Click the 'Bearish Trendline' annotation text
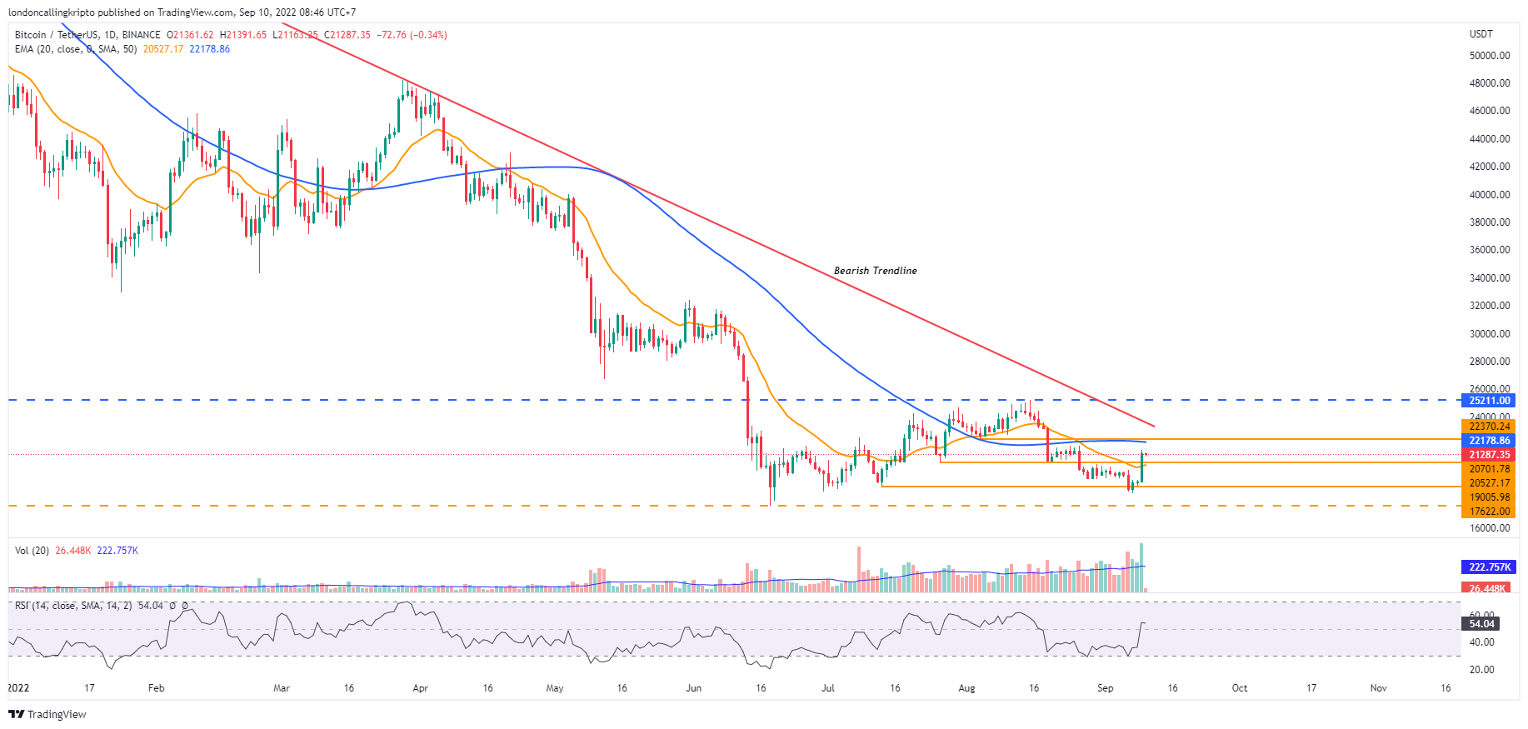tap(875, 271)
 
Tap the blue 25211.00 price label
tap(1489, 401)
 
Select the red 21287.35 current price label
tap(1489, 455)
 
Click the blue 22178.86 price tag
tap(1489, 441)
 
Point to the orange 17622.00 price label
tap(1489, 512)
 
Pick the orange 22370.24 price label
tap(1489, 427)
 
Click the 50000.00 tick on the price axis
tap(1490, 56)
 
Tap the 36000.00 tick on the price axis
tap(1490, 250)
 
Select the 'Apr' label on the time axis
tap(420, 688)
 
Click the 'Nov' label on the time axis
tap(1378, 688)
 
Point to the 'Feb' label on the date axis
tap(156, 688)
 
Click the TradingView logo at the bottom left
tap(47, 715)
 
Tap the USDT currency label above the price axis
tap(1481, 34)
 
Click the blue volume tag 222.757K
tap(1489, 567)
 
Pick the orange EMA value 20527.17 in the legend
tap(162, 49)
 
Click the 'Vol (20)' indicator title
tap(32, 551)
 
